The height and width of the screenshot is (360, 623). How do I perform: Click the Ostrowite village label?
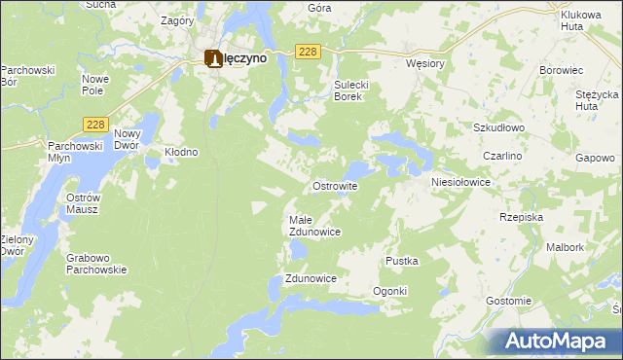click(x=335, y=186)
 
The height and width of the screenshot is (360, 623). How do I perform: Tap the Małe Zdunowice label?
click(x=314, y=226)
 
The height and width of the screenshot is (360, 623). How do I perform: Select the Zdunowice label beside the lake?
click(x=311, y=278)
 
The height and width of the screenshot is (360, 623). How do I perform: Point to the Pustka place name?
click(x=402, y=261)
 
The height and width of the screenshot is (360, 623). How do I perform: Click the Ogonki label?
click(x=389, y=292)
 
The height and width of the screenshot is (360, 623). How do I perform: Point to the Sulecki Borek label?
click(x=348, y=90)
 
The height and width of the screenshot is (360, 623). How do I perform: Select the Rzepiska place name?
click(x=521, y=217)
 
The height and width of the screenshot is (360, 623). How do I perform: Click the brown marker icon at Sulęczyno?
click(x=213, y=58)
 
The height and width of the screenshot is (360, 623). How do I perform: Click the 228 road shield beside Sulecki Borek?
click(x=307, y=52)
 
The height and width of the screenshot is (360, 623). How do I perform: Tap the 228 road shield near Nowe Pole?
click(x=95, y=124)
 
